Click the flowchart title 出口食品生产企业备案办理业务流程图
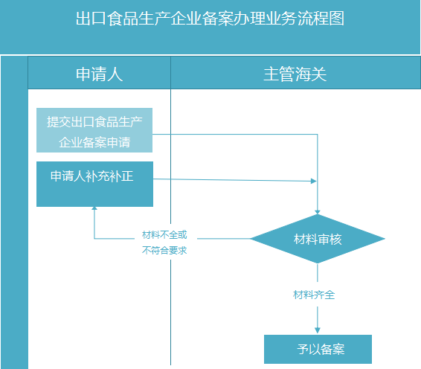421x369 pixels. (x=210, y=19)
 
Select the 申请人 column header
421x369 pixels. (x=100, y=74)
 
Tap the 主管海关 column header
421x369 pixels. (x=295, y=74)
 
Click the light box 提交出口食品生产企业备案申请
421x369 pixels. (x=94, y=130)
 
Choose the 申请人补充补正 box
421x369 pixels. (x=94, y=184)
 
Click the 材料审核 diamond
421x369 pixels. (x=318, y=239)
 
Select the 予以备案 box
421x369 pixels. (x=318, y=349)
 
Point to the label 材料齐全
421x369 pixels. (x=314, y=295)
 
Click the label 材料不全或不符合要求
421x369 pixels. (x=164, y=243)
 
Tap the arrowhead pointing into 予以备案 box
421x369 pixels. (x=318, y=330)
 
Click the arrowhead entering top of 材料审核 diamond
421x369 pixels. (x=318, y=212)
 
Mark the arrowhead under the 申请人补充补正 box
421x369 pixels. (x=94, y=208)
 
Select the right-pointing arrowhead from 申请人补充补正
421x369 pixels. (x=314, y=181)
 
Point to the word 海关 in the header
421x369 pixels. (x=311, y=74)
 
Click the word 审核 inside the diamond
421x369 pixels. (x=330, y=239)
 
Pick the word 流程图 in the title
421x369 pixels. (x=321, y=19)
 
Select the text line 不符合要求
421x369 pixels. (x=164, y=250)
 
